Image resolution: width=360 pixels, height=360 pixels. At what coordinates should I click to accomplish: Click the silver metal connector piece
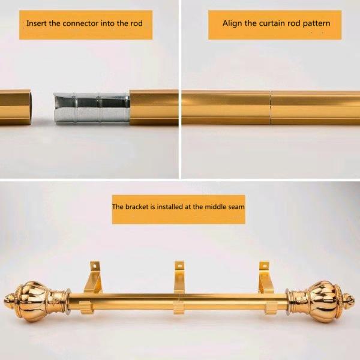[x=92, y=107]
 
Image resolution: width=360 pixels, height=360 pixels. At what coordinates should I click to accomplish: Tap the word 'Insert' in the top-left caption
[x=37, y=23]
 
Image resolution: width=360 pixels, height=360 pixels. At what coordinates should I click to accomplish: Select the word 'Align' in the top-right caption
[x=232, y=23]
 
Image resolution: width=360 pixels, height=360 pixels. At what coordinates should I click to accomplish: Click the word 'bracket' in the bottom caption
[x=137, y=206]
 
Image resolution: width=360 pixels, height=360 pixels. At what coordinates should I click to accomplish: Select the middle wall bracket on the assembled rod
[x=179, y=287]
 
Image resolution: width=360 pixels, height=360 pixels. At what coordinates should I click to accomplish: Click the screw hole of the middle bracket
[x=180, y=266]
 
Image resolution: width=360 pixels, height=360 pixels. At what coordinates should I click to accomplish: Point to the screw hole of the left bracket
[x=94, y=266]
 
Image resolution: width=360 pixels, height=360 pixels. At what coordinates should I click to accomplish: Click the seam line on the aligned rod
[x=271, y=107]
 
